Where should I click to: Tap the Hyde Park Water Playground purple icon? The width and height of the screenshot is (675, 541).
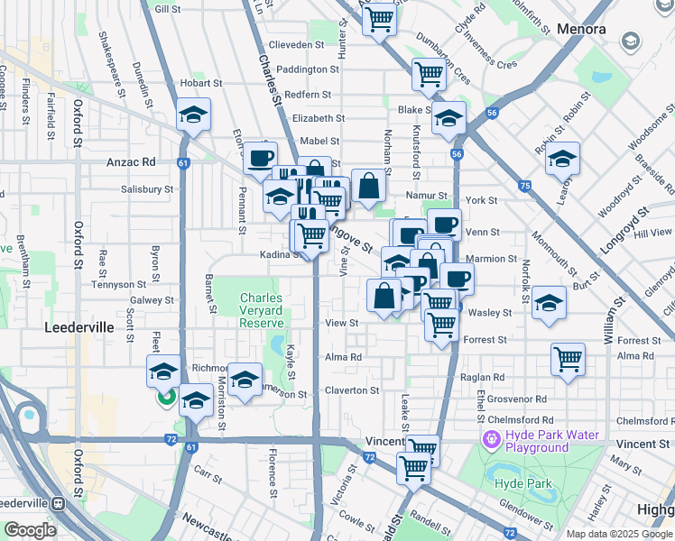(x=491, y=440)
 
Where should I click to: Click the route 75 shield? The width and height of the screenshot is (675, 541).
(x=524, y=185)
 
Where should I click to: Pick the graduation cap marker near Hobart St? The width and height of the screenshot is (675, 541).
(x=193, y=115)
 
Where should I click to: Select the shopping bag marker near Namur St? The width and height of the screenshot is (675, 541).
(x=368, y=187)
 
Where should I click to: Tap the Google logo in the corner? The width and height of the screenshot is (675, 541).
(x=30, y=529)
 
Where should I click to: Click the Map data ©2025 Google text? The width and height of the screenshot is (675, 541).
(x=619, y=534)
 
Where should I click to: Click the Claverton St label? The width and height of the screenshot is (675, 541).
(x=352, y=390)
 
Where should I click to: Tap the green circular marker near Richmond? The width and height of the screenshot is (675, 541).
(x=166, y=396)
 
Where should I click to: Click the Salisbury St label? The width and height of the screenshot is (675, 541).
(x=147, y=189)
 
